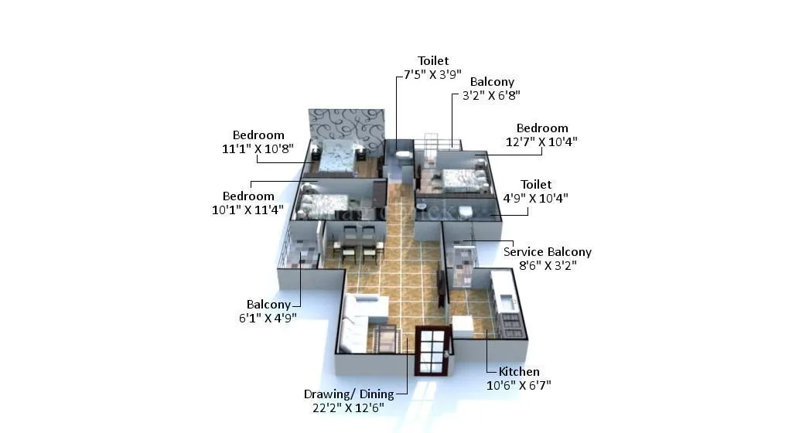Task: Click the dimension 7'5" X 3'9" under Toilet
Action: [x=432, y=75]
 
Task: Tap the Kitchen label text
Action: [x=518, y=372]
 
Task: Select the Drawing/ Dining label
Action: [x=348, y=394]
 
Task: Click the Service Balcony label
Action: [x=547, y=252]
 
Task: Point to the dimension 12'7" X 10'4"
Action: [x=542, y=141]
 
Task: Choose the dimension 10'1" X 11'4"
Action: [x=247, y=210]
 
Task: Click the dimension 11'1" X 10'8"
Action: [x=258, y=148]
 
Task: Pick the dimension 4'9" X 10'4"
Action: [x=535, y=198]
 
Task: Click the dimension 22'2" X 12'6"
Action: [x=348, y=407]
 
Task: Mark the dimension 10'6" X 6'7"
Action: [x=518, y=385]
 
